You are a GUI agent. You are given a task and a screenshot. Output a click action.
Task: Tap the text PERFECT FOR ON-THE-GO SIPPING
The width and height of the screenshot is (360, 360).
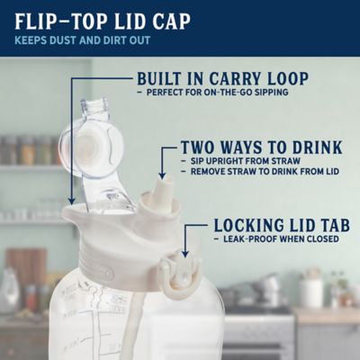212,94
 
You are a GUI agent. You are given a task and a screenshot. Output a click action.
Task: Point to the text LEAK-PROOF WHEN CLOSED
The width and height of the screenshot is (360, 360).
279,239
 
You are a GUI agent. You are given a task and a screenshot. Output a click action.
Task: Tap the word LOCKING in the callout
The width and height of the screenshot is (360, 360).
248,224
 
